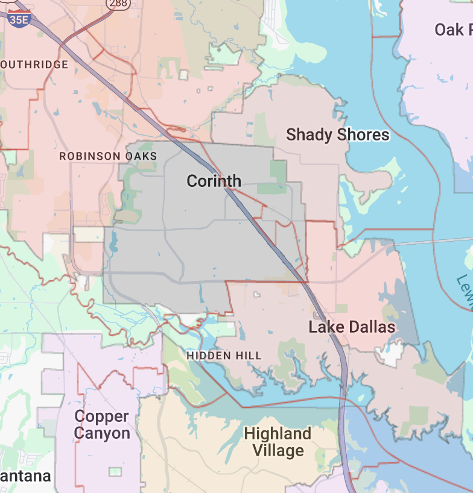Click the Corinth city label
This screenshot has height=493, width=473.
(x=214, y=181)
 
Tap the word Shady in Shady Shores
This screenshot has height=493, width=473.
(x=308, y=134)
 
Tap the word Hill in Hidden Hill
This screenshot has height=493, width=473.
(x=249, y=356)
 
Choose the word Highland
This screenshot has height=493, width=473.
(x=278, y=433)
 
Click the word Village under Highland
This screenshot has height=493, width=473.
(x=278, y=450)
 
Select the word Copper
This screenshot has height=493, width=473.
(x=101, y=416)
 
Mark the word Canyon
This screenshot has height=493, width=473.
(x=101, y=433)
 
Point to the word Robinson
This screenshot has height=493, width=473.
(x=90, y=156)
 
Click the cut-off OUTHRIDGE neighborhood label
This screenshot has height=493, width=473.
(x=34, y=64)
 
